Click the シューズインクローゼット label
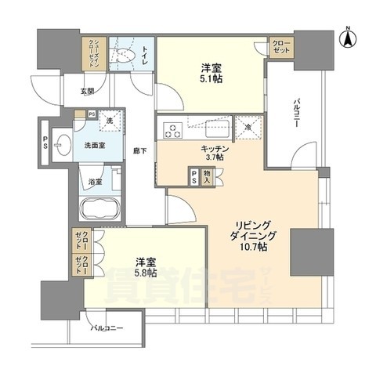click(92, 56)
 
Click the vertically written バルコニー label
click(298, 114)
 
